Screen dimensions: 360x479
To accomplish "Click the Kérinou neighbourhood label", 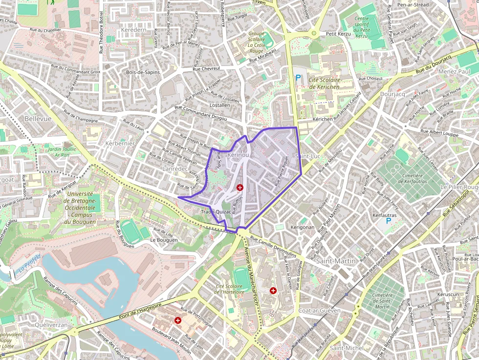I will tap(238, 154).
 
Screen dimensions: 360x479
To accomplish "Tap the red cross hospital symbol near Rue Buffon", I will tap(240, 187).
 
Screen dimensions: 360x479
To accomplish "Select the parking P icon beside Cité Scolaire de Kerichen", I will tap(298, 77).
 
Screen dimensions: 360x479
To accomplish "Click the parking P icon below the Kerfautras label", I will tap(389, 221).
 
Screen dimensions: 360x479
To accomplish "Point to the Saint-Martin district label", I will tap(336, 261).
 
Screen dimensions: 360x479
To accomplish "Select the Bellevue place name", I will tap(38, 119).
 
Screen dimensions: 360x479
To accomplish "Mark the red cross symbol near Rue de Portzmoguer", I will tap(178, 320).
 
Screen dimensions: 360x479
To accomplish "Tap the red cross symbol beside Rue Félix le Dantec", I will tap(273, 291).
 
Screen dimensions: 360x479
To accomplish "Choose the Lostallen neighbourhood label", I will tap(219, 105).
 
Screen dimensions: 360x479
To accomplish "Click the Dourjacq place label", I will tap(393, 94).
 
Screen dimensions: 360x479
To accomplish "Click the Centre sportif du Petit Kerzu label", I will tap(368, 27).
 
